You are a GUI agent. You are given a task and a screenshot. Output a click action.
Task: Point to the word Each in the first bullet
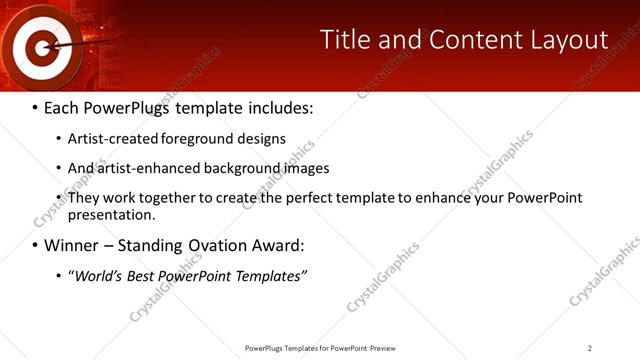click(x=64, y=108)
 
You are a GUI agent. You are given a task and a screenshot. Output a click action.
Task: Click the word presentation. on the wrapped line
click(x=112, y=214)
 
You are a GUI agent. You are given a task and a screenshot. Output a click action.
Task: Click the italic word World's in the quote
click(x=95, y=275)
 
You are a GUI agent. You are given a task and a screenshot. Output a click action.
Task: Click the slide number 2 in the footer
click(x=590, y=348)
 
